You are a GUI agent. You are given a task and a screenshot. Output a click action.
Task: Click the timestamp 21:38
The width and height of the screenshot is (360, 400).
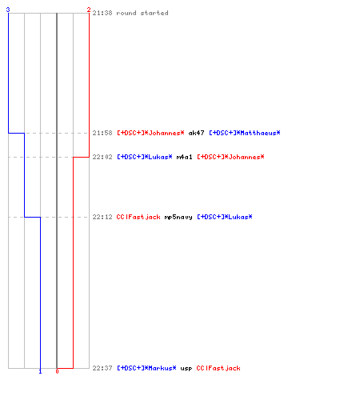pos(102,13)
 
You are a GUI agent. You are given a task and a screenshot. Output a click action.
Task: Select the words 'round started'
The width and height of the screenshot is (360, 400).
pos(142,13)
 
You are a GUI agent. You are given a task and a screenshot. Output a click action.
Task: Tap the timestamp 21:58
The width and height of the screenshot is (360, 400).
pos(102,133)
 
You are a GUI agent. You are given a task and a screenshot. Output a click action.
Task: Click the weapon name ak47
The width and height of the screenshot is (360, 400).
pos(196,133)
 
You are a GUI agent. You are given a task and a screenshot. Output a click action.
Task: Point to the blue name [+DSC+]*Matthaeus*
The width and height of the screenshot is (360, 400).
pos(245,133)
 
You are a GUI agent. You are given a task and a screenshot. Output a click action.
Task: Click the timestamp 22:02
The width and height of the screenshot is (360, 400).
pos(102,157)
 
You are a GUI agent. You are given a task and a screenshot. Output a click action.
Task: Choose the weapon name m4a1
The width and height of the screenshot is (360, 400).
pos(184,157)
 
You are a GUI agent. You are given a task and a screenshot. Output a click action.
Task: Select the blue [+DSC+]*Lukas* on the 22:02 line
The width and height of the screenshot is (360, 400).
pos(145,157)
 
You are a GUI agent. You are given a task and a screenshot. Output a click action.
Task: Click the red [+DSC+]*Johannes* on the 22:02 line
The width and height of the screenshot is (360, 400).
pos(230,157)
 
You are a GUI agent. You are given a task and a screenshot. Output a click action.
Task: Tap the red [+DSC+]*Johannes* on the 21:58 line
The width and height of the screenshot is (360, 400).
pos(150,133)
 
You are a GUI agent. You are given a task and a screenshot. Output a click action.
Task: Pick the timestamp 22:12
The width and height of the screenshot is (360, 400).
pos(102,217)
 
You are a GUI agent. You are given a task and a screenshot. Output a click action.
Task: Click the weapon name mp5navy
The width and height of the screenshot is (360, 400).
pos(178,217)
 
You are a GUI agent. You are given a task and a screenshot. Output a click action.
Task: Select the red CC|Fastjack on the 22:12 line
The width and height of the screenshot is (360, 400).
pos(138,217)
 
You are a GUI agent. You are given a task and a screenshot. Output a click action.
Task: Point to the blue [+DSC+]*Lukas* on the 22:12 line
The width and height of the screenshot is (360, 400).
pos(225,217)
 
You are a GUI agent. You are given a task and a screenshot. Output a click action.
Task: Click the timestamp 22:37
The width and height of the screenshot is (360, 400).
pos(102,368)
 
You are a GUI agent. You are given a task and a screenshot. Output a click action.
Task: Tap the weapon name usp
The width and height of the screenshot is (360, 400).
pos(186,369)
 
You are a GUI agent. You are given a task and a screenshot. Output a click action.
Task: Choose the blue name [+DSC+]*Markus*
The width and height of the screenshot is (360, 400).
pos(146,368)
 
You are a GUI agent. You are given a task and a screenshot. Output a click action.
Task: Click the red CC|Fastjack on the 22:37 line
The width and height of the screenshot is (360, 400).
pos(218,368)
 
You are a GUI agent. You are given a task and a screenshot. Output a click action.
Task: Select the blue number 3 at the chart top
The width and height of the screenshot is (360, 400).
pos(8,10)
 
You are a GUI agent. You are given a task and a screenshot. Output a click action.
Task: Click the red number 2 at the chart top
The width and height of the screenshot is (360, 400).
pos(89,10)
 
